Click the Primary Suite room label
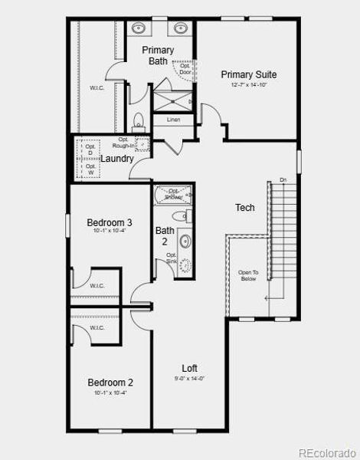point(249,74)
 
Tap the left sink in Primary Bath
point(139,29)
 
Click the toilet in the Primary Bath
point(139,121)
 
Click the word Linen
point(174,120)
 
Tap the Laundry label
point(118,159)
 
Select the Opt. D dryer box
point(90,149)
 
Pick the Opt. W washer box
point(90,169)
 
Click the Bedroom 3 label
point(110,223)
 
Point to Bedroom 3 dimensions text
point(110,232)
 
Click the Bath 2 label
point(165,235)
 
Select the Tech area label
point(245,208)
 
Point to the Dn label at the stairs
point(283,179)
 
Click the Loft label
point(190,368)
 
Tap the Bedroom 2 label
point(110,383)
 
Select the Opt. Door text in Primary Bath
point(185,69)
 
